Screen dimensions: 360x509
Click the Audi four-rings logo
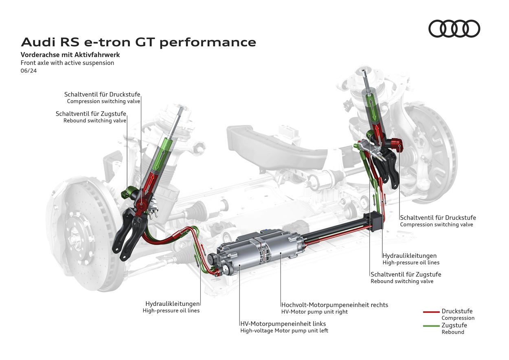(454, 29)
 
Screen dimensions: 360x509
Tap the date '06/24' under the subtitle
(29, 70)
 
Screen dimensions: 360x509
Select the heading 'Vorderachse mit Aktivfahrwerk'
(70, 55)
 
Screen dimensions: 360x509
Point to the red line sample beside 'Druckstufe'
(431, 312)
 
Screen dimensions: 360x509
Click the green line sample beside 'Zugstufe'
(431, 326)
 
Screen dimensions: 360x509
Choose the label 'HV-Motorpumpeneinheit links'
(283, 324)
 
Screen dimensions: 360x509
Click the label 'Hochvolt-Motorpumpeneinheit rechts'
(334, 305)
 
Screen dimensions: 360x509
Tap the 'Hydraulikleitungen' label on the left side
(172, 303)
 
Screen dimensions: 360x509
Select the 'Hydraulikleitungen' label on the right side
(410, 256)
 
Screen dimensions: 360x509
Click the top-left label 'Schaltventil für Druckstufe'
(102, 94)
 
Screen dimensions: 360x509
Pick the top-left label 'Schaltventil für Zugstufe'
(91, 114)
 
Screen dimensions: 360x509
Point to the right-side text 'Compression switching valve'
(437, 224)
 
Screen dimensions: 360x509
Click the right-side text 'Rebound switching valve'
(402, 281)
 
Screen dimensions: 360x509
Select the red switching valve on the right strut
(395, 143)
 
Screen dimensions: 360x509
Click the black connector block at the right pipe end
(377, 222)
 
